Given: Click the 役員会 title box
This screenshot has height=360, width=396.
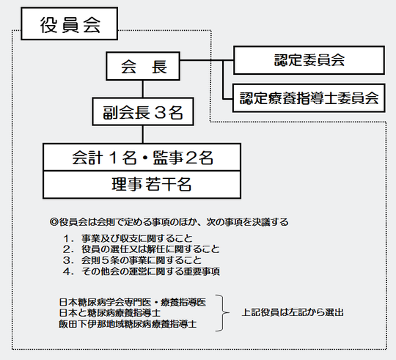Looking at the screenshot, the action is tap(69, 23).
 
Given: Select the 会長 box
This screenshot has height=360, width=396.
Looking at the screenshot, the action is tap(143, 66).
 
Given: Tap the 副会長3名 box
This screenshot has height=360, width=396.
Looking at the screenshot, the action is tap(143, 111).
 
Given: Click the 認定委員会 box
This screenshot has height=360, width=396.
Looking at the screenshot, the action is tap(309, 60).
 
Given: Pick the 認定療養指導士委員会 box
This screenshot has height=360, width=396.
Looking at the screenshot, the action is tap(309, 98).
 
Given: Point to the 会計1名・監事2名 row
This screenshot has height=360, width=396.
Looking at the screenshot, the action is tap(142, 158).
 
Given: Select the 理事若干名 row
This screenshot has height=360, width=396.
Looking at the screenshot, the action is tap(142, 185).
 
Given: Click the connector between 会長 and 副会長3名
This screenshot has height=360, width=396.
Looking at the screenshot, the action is tap(143, 89).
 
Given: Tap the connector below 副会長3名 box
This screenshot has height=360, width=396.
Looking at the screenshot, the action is tap(143, 135).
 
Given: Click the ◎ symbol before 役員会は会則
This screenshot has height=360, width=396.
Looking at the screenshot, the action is tap(54, 222).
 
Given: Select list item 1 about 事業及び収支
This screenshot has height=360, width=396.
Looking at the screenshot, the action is tap(128, 238).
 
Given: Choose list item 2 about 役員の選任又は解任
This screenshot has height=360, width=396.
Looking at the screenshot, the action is tap(142, 249).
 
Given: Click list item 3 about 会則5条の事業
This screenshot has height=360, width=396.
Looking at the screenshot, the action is tap(132, 260).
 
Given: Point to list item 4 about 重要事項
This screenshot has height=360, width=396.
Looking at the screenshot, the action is tap(142, 271).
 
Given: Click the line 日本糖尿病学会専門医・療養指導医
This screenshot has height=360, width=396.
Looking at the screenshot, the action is tap(133, 302).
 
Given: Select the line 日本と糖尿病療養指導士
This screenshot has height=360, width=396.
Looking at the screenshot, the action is tap(110, 313).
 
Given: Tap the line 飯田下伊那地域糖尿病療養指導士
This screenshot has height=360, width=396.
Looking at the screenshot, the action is tap(128, 324).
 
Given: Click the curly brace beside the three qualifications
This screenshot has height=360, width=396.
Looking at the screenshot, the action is tap(222, 313).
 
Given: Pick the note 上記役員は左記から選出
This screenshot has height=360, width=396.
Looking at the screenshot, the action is tap(293, 312).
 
